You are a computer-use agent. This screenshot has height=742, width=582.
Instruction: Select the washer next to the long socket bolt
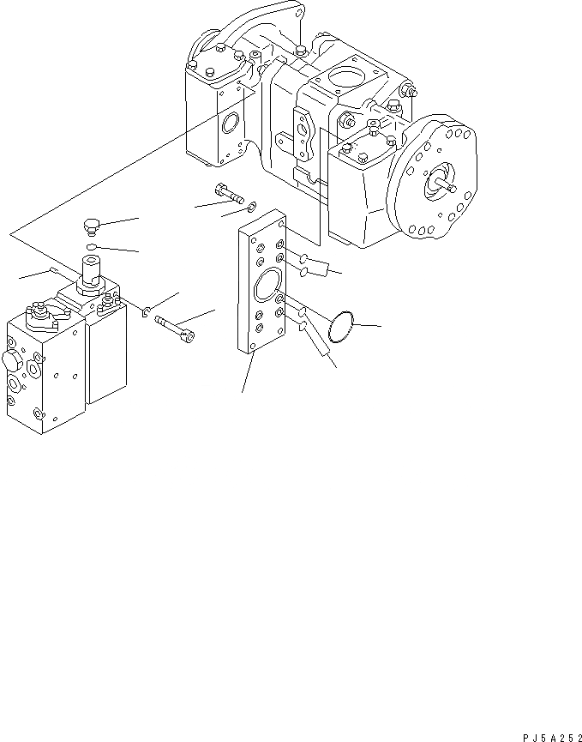pyautogui.click(x=147, y=311)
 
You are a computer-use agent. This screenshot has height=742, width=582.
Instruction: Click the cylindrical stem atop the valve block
pyautogui.click(x=90, y=268)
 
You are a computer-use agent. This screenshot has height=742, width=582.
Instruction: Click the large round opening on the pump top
pyautogui.click(x=347, y=79)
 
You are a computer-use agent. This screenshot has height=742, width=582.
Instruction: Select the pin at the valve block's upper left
pyautogui.click(x=52, y=271)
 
